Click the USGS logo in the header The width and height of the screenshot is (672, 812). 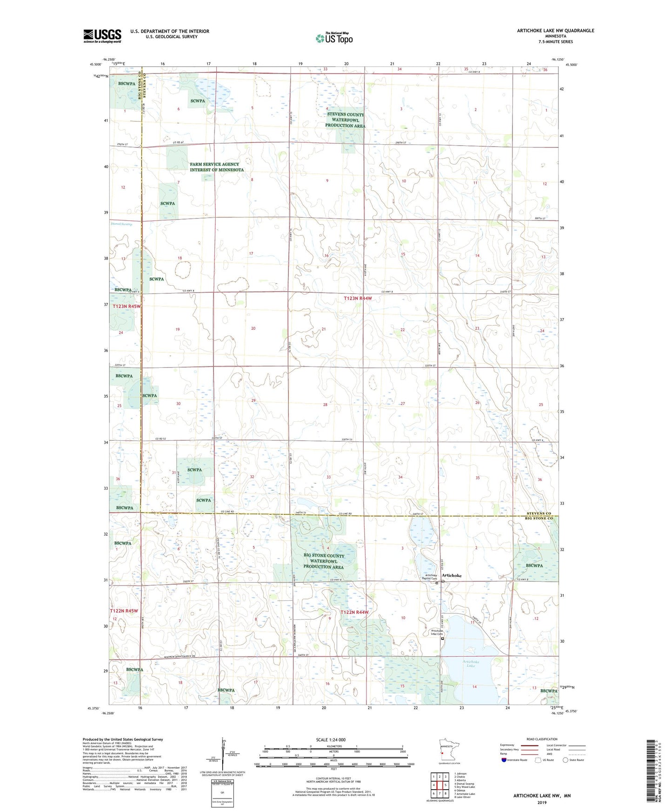coord(102,36)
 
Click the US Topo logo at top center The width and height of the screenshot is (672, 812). coord(334,38)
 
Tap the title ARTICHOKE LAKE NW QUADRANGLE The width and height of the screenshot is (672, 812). coord(555,31)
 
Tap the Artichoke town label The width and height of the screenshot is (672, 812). coord(452,575)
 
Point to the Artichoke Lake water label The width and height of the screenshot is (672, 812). coord(471,664)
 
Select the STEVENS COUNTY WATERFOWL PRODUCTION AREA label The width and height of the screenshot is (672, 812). coord(345,120)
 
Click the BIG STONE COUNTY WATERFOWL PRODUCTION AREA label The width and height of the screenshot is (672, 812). coord(324,561)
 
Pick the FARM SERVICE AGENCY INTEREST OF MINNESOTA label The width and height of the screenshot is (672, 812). coord(216,167)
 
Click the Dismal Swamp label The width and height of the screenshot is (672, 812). coord(121,224)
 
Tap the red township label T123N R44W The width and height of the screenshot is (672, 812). coord(358,299)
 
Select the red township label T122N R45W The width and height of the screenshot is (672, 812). coord(124,611)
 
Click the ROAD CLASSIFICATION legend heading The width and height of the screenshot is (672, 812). coord(542,739)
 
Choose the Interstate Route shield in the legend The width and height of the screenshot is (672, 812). coord(505,760)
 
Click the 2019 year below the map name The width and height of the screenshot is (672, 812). coord(542,802)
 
